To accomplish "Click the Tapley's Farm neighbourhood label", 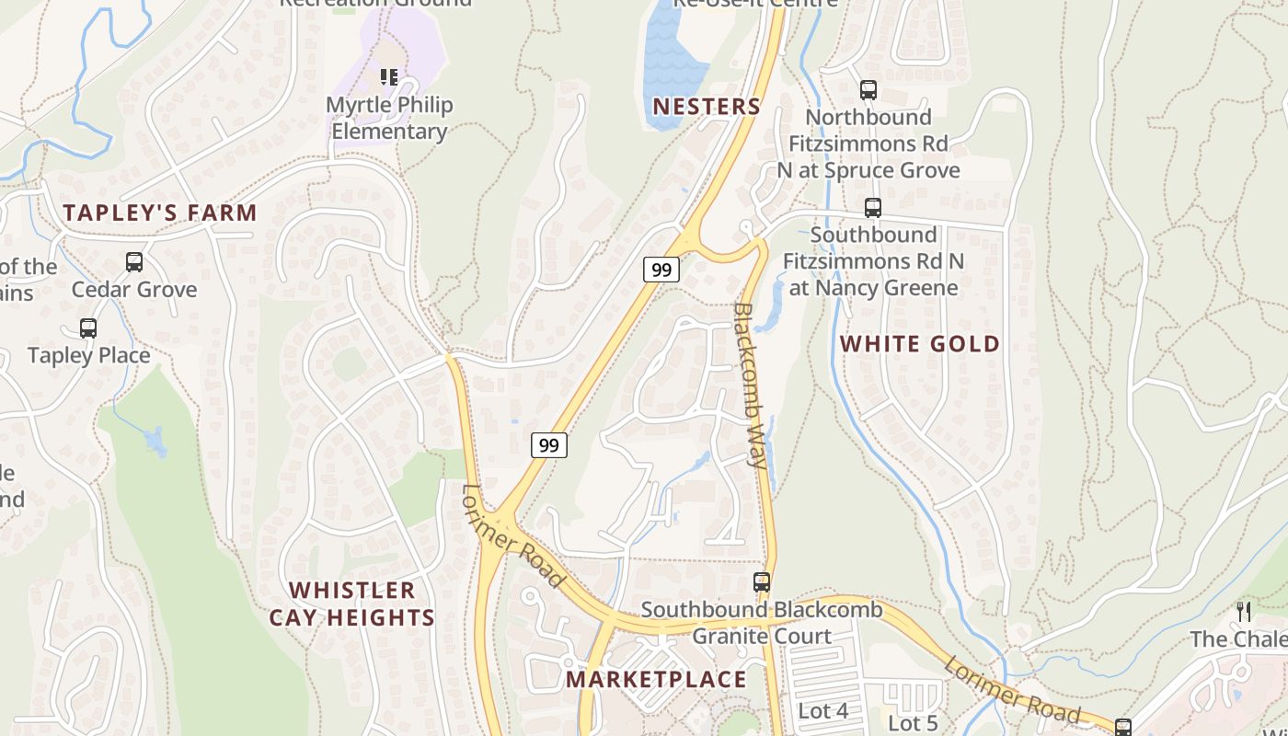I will click(160, 213).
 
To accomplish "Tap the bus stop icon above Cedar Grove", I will click(134, 262).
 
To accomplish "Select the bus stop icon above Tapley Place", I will click(88, 328).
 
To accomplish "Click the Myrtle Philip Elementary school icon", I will click(389, 77).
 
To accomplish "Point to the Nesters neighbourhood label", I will click(707, 107).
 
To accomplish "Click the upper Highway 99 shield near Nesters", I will click(661, 270).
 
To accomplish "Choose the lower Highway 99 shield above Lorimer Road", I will click(548, 445).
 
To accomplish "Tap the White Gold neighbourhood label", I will click(920, 344).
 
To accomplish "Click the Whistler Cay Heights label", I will click(352, 604).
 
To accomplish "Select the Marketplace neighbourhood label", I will click(656, 680).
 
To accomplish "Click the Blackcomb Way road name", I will click(750, 386).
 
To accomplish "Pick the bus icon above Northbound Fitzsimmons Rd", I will click(868, 90).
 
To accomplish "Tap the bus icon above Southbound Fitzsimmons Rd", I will click(873, 208).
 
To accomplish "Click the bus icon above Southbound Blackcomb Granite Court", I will click(762, 582).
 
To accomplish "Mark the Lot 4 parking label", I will click(823, 711).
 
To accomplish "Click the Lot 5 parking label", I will click(913, 724).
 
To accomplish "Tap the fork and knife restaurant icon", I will click(1244, 612).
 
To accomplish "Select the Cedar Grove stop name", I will click(134, 290).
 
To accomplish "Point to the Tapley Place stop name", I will click(88, 355).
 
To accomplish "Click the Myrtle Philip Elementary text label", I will click(389, 118).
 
